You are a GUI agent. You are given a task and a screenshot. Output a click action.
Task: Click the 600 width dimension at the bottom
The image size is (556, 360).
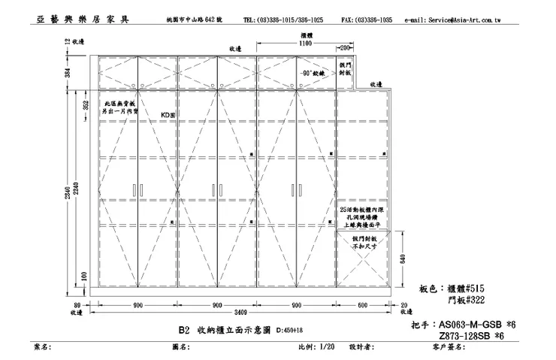[x=363, y=304]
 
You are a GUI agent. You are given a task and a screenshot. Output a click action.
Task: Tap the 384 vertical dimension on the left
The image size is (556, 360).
[x=67, y=73]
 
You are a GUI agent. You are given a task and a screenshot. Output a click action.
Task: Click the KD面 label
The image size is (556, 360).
[x=168, y=115]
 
